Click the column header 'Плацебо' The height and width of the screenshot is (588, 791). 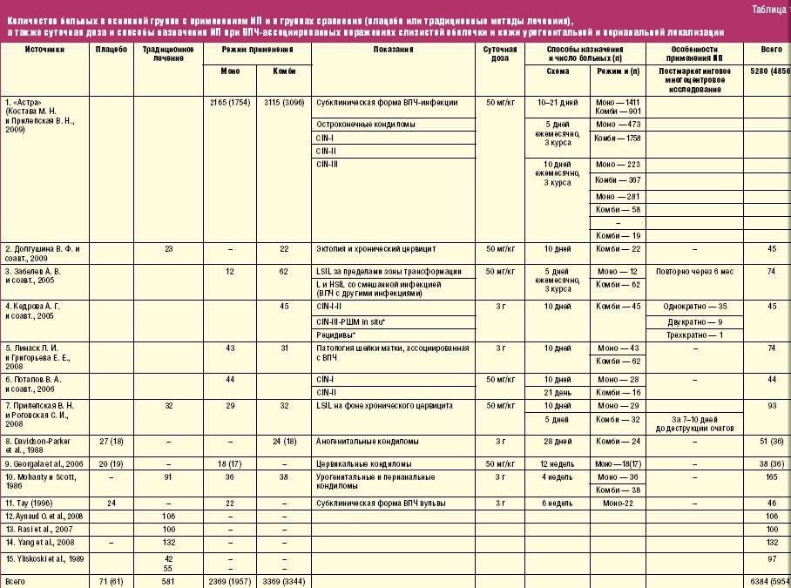[x=112, y=50]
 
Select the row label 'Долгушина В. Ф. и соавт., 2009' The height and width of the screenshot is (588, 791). [x=43, y=253]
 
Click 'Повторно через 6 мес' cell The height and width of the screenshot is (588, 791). [x=695, y=271]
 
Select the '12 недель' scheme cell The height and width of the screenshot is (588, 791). [x=557, y=464]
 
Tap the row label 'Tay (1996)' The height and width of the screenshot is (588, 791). [x=30, y=503]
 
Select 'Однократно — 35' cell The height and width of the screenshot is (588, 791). [x=695, y=306]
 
